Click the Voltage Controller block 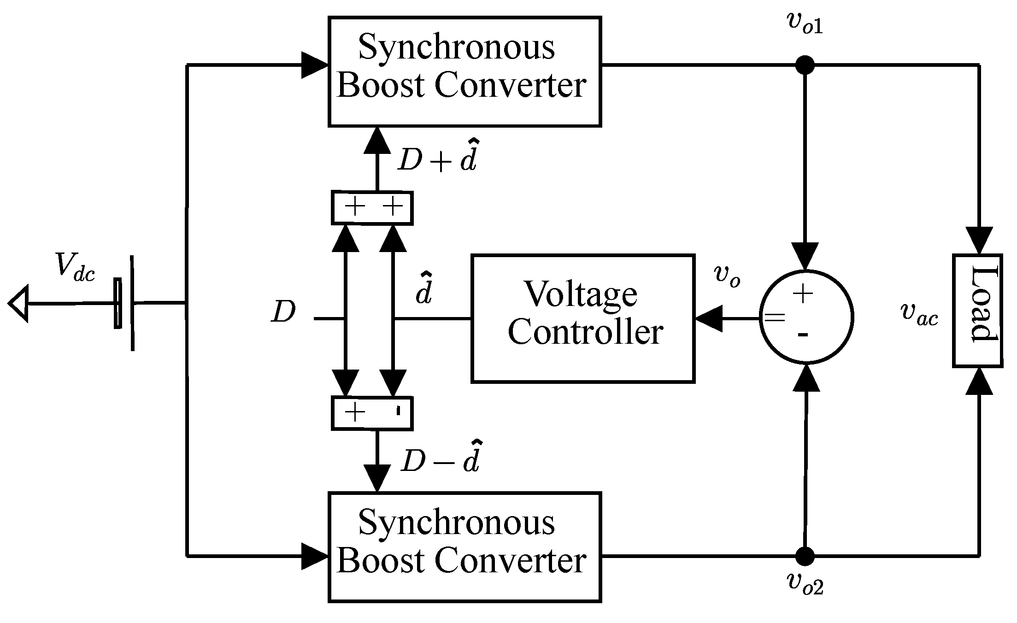[582, 318]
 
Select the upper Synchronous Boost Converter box [464, 71]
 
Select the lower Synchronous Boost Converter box [464, 547]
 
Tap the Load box [977, 311]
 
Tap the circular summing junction [806, 317]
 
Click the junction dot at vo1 [805, 65]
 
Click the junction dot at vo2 [805, 556]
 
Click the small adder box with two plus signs [372, 208]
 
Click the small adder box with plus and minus [372, 413]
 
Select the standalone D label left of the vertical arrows [283, 313]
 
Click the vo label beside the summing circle [727, 276]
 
